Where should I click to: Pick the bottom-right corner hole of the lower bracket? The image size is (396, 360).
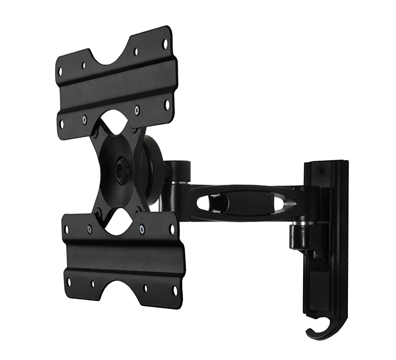pyautogui.click(x=175, y=291)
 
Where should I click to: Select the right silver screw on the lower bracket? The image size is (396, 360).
pyautogui.click(x=142, y=227)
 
